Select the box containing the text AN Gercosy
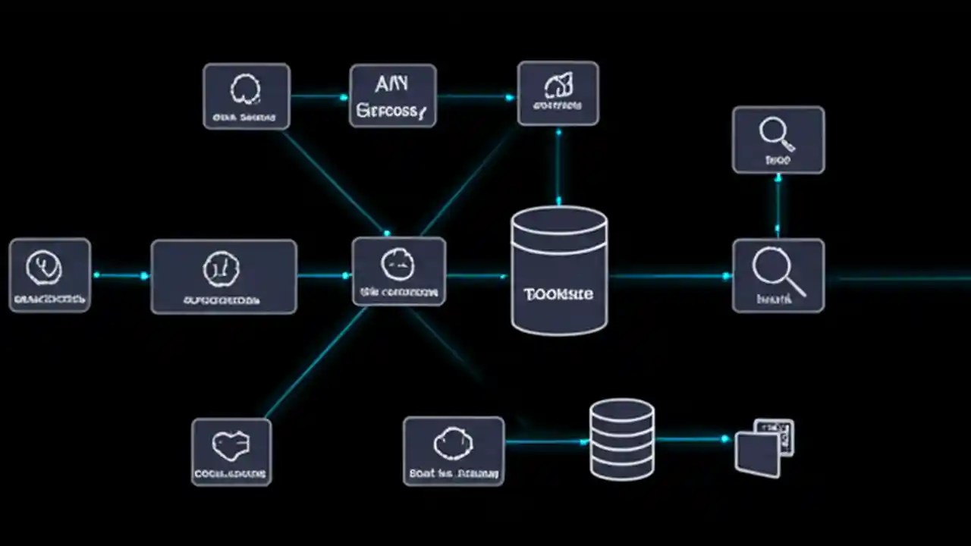(x=393, y=96)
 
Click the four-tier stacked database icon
(x=622, y=440)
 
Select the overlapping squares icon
(x=764, y=447)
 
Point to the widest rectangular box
(x=224, y=277)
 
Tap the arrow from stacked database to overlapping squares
(x=694, y=439)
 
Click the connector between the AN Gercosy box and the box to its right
(x=476, y=96)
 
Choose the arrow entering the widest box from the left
(x=121, y=275)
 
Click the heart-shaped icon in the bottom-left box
(x=231, y=446)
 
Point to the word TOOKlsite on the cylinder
(x=558, y=293)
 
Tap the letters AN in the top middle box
(x=391, y=83)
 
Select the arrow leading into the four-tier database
(x=546, y=441)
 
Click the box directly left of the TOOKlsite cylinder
(x=399, y=271)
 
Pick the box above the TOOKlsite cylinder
(x=558, y=94)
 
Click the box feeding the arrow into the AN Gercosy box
(x=246, y=96)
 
